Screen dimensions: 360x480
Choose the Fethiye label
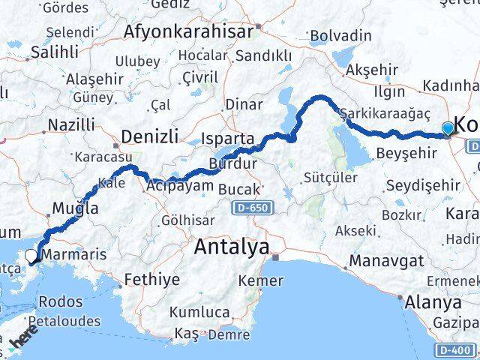click(x=154, y=280)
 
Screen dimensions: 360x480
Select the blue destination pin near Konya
click(x=448, y=129)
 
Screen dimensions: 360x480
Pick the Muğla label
click(x=75, y=209)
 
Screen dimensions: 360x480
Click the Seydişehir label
click(x=420, y=184)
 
